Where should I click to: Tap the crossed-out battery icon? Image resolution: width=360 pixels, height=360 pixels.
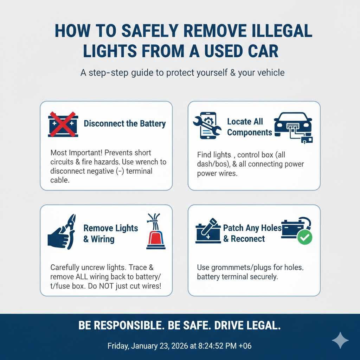click(63, 124)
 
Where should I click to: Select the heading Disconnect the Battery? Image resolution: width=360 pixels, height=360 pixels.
click(124, 124)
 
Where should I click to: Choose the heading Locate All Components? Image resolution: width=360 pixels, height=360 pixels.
click(249, 127)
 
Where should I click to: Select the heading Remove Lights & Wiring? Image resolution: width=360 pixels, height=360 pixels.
click(110, 233)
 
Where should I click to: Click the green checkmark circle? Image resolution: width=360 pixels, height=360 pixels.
click(304, 238)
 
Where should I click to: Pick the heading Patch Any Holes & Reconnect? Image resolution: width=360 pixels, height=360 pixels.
click(252, 233)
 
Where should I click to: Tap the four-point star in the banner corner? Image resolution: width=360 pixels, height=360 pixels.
click(340, 340)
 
